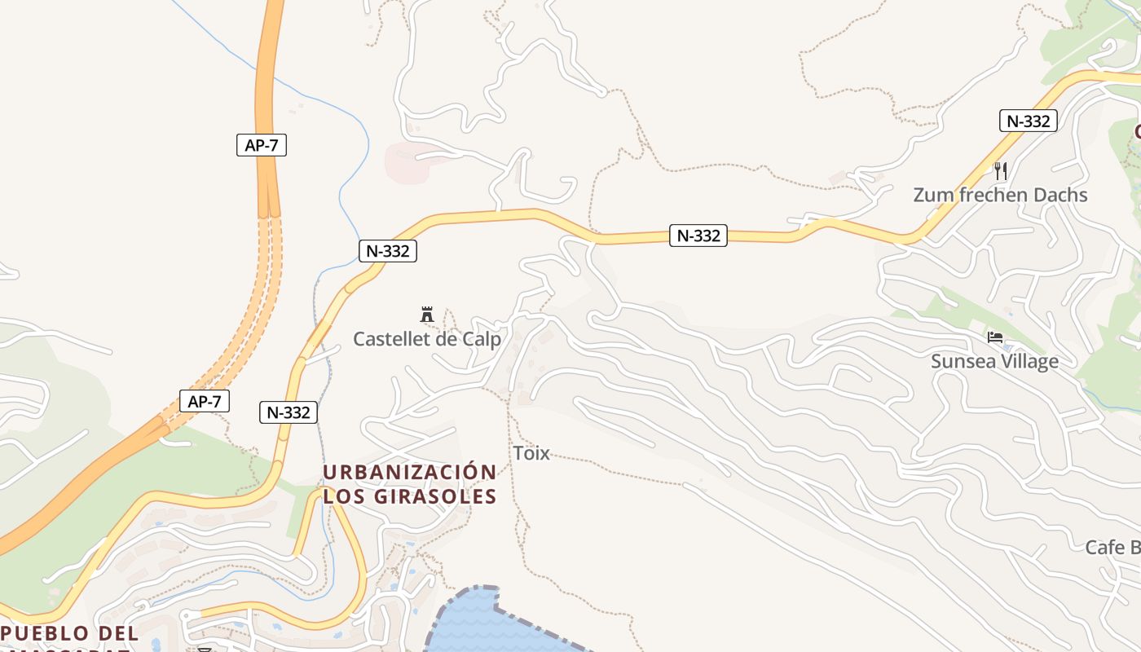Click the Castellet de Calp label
[426, 339]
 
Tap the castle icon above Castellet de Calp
[426, 315]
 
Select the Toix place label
[531, 454]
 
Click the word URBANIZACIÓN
[409, 473]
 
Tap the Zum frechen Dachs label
[1000, 196]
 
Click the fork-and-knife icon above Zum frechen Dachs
[1001, 171]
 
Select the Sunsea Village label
[994, 362]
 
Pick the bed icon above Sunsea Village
[994, 337]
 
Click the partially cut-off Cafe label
[1112, 548]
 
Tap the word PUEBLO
[45, 633]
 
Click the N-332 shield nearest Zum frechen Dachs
[1029, 121]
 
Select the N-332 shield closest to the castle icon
[388, 251]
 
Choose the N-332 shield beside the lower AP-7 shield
[289, 412]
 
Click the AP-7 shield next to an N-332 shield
[204, 402]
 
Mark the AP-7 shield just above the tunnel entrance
[262, 146]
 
